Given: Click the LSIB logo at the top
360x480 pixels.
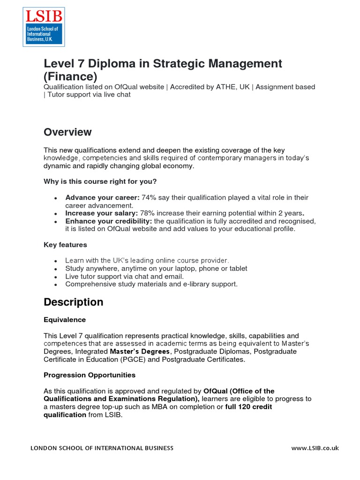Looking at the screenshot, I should (44, 27).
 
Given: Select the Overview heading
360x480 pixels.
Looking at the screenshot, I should (67, 132).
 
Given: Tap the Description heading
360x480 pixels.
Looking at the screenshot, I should (73, 302).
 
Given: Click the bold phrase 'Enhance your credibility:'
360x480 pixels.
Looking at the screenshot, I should (108, 221).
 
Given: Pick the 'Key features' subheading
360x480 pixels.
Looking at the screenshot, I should (65, 245).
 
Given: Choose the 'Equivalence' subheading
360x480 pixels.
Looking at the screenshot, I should (65, 320).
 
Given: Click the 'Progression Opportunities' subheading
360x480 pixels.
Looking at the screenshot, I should (90, 375).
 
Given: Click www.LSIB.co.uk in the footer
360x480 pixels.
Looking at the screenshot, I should (315, 448).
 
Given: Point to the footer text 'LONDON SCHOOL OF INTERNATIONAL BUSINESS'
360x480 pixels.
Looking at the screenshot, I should (102, 448).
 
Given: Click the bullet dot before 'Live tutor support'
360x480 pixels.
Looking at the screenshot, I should (56, 277).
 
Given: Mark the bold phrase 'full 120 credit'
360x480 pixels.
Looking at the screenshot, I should (248, 407).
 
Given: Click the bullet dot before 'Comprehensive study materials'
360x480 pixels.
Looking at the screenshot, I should (56, 285).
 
